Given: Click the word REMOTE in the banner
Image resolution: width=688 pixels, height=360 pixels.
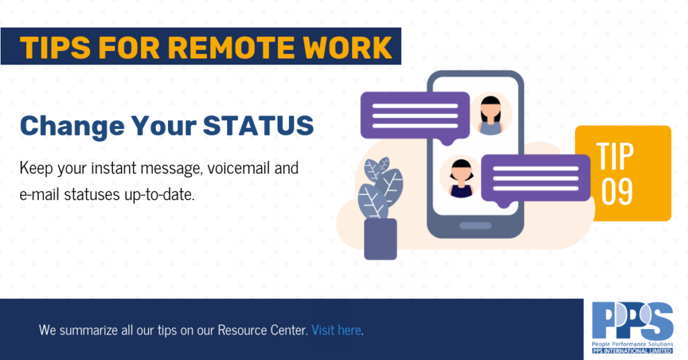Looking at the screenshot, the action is (230, 48).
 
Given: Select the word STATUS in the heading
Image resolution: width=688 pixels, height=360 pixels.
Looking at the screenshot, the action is (259, 126).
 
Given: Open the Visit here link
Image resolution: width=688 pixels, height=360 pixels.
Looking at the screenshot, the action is (337, 330).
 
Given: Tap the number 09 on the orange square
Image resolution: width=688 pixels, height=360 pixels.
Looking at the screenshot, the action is (617, 192).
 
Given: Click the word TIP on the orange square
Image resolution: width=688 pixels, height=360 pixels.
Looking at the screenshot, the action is (615, 156).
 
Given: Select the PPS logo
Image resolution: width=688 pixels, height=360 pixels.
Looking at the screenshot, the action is (632, 328).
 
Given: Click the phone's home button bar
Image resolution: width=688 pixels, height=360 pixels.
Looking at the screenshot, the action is (475, 226).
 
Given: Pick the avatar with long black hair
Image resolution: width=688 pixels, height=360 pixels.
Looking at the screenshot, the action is (490, 114).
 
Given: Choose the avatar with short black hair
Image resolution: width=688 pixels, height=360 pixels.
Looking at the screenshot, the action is (461, 176).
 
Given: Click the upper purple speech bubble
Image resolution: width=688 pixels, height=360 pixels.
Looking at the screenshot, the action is (415, 116).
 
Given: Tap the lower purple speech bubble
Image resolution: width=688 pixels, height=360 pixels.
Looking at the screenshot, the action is (535, 179).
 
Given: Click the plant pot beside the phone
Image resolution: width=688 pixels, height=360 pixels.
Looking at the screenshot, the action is (380, 239).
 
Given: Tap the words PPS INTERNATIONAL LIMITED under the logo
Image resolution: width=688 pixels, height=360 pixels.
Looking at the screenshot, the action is (632, 351).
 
